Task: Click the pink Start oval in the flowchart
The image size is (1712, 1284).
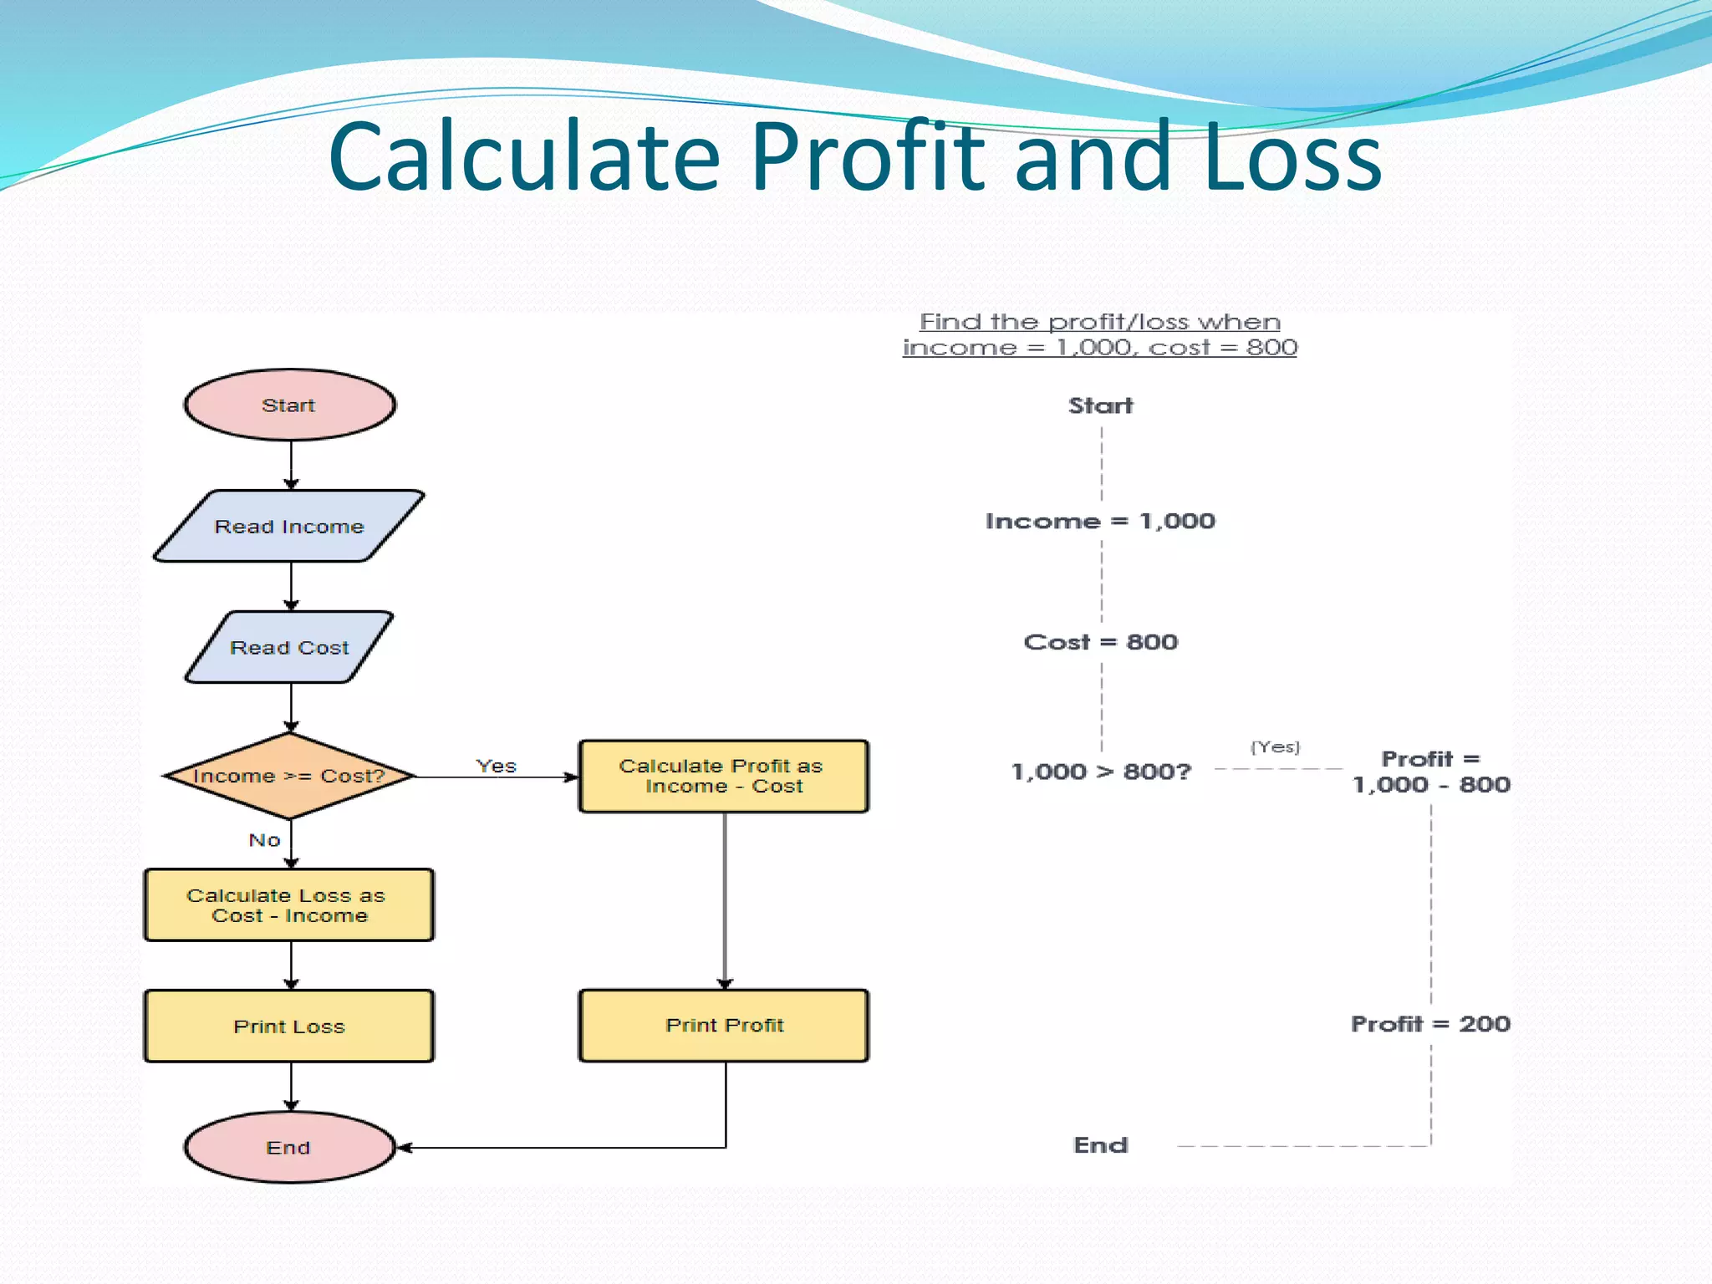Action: point(289,405)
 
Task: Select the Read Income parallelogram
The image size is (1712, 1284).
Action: point(289,526)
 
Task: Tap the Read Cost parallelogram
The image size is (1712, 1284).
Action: point(289,647)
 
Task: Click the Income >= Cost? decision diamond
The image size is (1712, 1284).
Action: point(289,776)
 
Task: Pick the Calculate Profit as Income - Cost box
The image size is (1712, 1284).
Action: point(723,776)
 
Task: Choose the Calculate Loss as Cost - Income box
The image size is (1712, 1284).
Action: point(289,905)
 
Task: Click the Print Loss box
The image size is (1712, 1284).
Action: point(289,1026)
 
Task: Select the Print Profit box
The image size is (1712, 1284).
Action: point(723,1025)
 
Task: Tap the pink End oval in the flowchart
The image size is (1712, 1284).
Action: point(289,1147)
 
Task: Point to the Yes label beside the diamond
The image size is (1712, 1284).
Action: point(496,766)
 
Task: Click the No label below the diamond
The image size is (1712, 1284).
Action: point(264,839)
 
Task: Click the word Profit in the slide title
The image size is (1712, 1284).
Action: point(868,157)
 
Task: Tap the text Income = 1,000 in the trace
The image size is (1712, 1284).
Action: point(1100,521)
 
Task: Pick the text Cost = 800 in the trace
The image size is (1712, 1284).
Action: point(1100,642)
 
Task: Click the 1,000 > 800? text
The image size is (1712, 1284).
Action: point(1100,771)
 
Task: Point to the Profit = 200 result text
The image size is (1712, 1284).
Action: point(1430,1023)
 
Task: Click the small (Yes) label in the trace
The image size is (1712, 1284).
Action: point(1275,746)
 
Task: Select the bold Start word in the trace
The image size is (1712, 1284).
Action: point(1100,405)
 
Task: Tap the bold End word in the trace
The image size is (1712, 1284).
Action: point(1100,1144)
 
